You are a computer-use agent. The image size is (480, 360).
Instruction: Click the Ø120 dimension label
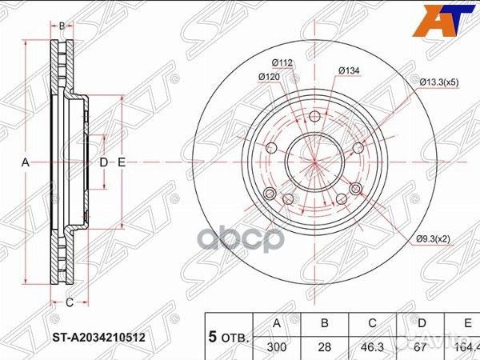click(268, 77)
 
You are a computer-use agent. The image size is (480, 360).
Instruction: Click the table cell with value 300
click(277, 348)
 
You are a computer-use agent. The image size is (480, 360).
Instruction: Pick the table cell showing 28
click(324, 348)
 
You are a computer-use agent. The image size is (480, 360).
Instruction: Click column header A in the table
click(277, 323)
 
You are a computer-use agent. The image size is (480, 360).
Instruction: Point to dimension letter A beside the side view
click(26, 162)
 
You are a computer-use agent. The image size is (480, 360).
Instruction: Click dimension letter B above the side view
click(62, 26)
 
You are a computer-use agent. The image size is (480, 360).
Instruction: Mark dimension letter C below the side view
click(70, 302)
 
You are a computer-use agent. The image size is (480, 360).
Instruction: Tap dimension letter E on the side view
click(122, 162)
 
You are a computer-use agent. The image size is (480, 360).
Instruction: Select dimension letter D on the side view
click(103, 162)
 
